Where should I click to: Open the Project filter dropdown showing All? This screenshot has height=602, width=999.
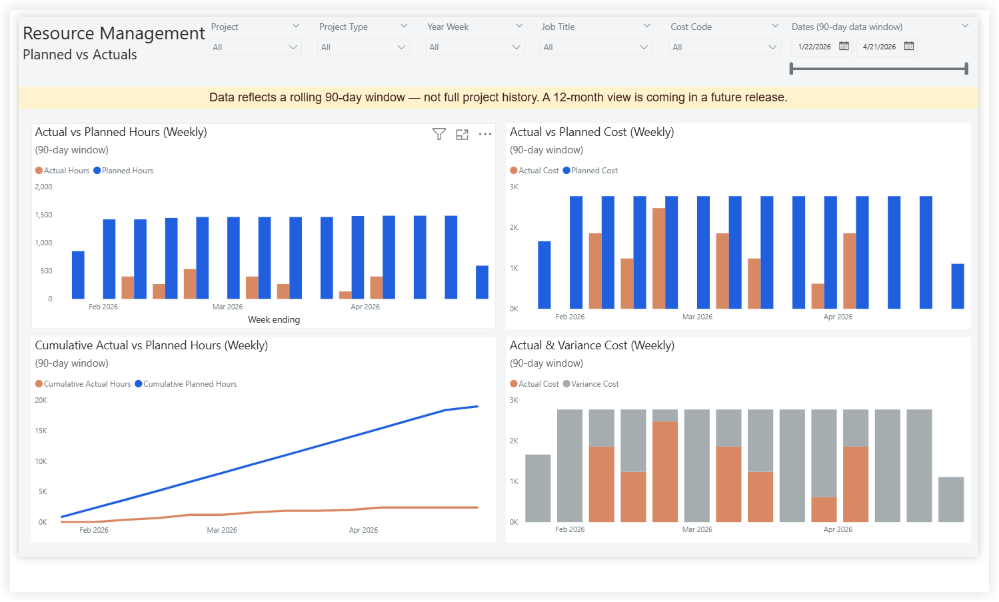(x=255, y=47)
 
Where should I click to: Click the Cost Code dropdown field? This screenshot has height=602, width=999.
(x=724, y=47)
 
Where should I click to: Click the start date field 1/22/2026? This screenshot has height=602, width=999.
(x=814, y=47)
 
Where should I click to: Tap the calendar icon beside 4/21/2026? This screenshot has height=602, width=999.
(x=909, y=46)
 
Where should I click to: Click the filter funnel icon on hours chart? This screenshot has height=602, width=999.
(x=439, y=134)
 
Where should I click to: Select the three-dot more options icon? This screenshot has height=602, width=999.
(x=485, y=134)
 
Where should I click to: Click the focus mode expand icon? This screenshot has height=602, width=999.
(x=462, y=134)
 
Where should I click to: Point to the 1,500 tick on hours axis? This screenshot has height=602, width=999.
(x=44, y=215)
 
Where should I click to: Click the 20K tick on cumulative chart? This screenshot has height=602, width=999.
(x=41, y=400)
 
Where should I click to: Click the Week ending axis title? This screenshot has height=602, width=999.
(x=274, y=319)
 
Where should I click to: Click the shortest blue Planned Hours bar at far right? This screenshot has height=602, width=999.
(x=482, y=282)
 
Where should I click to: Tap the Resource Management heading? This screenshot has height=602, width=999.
(x=114, y=33)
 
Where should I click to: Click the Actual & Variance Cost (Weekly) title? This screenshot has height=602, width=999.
(x=592, y=345)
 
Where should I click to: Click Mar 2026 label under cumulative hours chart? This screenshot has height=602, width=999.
(x=222, y=530)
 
